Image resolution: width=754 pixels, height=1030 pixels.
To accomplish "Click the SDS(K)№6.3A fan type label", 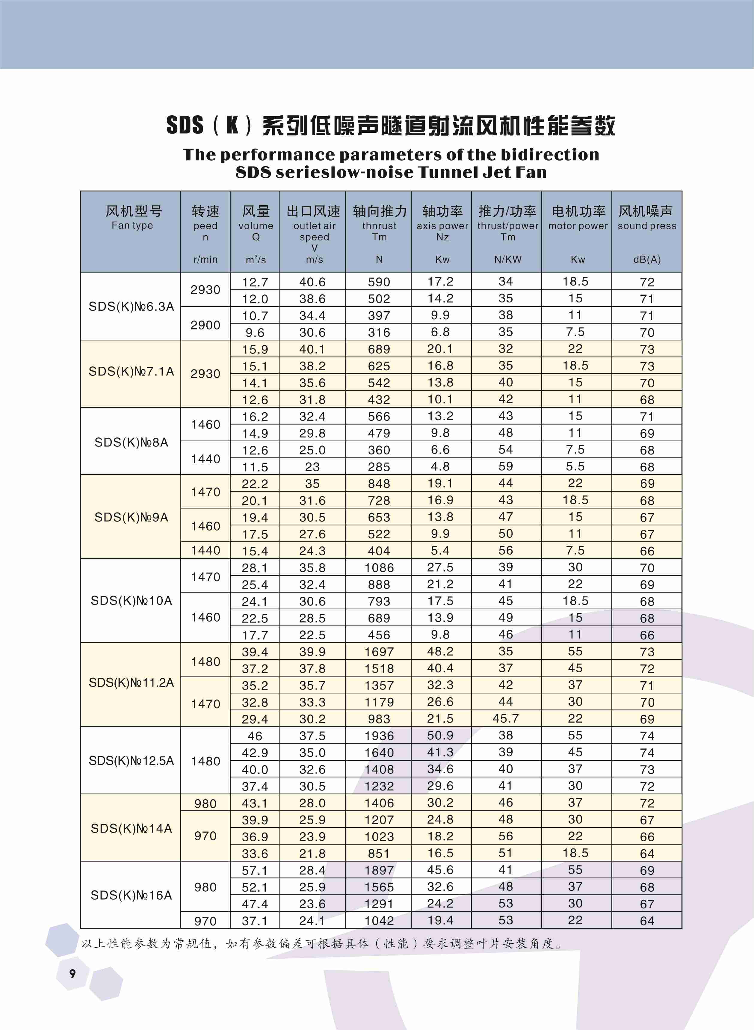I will point(131,307).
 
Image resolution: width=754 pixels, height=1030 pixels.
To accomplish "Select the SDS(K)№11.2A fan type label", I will point(131,683).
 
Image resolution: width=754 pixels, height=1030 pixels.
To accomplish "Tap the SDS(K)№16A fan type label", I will point(131,895).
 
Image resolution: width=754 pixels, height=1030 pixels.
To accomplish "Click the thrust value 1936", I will point(379,736).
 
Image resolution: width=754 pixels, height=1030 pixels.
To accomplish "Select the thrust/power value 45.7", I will point(506,719).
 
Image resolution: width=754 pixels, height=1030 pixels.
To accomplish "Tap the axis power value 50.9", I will point(440,735).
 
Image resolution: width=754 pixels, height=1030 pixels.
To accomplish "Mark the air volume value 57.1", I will point(255,870).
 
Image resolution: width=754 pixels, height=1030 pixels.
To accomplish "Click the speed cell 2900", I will point(206,325).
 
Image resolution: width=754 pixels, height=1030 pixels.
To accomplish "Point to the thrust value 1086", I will point(379,568).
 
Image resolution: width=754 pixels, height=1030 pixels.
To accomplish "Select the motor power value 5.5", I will point(575,466).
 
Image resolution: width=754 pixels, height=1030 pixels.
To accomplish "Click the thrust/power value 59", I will point(506,466).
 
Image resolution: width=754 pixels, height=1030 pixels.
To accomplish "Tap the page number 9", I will point(72,974).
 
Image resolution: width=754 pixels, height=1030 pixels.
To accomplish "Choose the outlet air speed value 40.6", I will point(312,282).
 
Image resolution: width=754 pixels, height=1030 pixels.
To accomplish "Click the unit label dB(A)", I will point(647,260).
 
